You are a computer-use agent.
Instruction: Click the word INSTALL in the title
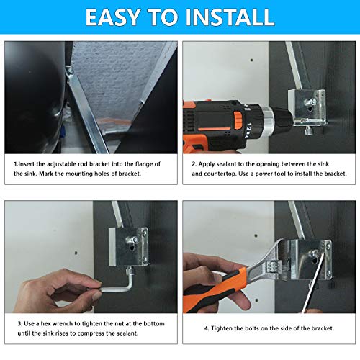230,17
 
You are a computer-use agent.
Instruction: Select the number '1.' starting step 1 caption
15,164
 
